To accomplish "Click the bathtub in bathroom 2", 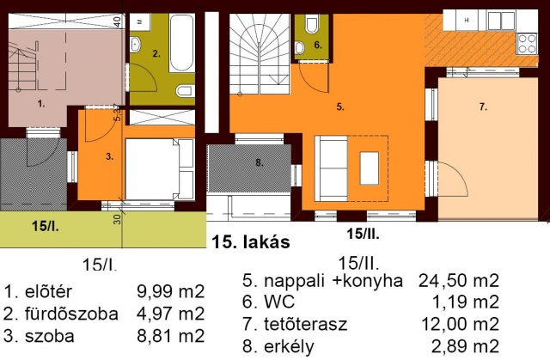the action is [x=181, y=43].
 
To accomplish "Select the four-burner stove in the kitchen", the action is [x=527, y=44].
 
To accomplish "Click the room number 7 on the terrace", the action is [x=483, y=107].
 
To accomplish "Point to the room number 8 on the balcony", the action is [x=259, y=162].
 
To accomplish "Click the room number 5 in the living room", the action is [x=340, y=107].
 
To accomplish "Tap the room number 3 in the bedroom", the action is [x=109, y=156].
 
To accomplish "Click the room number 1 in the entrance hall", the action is [x=41, y=103].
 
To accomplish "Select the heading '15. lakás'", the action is [x=251, y=242].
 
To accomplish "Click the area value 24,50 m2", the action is [x=458, y=281].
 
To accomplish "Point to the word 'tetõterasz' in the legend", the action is [x=306, y=324].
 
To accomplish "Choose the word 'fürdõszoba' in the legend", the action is [x=71, y=314].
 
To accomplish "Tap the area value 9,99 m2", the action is [x=170, y=291].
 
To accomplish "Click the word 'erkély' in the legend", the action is [x=289, y=346].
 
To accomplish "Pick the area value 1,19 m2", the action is [x=465, y=302].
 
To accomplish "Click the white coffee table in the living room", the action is [x=370, y=168].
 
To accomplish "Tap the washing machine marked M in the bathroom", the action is [x=139, y=21].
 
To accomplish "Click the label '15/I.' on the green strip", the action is [x=46, y=227].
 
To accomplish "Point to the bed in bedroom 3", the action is [x=159, y=169].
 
